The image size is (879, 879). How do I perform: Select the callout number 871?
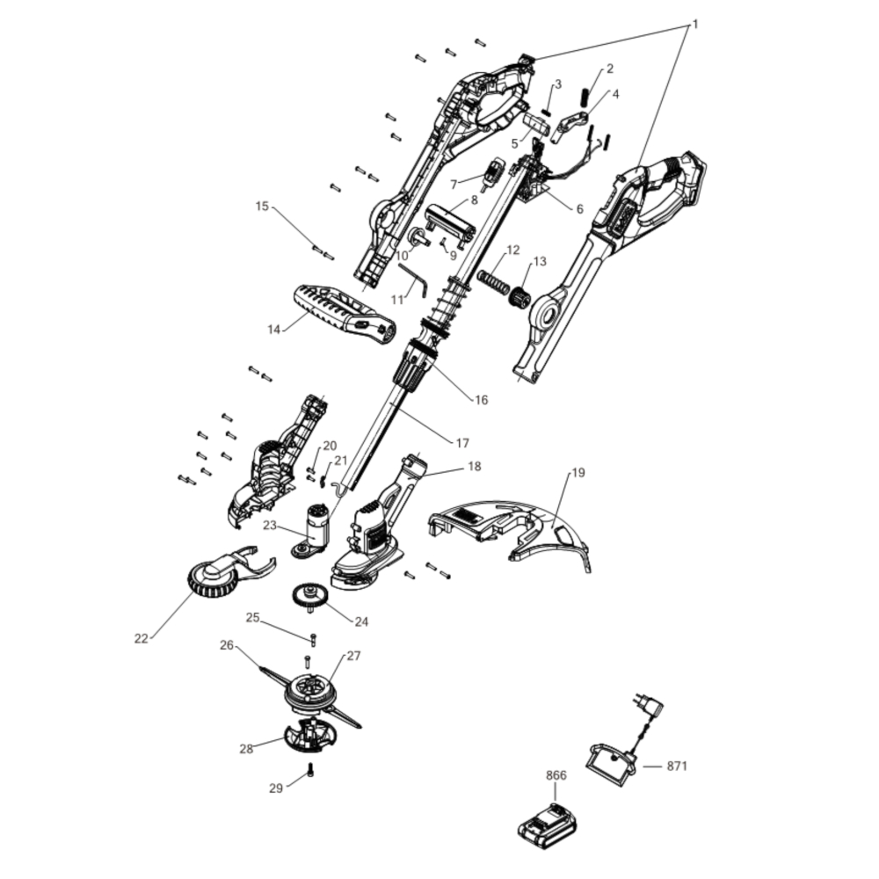676,766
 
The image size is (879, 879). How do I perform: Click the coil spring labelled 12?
493,281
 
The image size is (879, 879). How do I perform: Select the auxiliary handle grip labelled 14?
344,318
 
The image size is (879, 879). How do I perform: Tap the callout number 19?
578,473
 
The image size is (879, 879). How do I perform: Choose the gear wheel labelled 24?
308,597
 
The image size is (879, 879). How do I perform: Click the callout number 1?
695,24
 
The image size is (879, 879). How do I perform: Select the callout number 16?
481,400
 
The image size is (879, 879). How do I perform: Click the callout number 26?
227,645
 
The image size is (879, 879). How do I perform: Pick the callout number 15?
262,206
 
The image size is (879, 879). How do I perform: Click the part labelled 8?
450,222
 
